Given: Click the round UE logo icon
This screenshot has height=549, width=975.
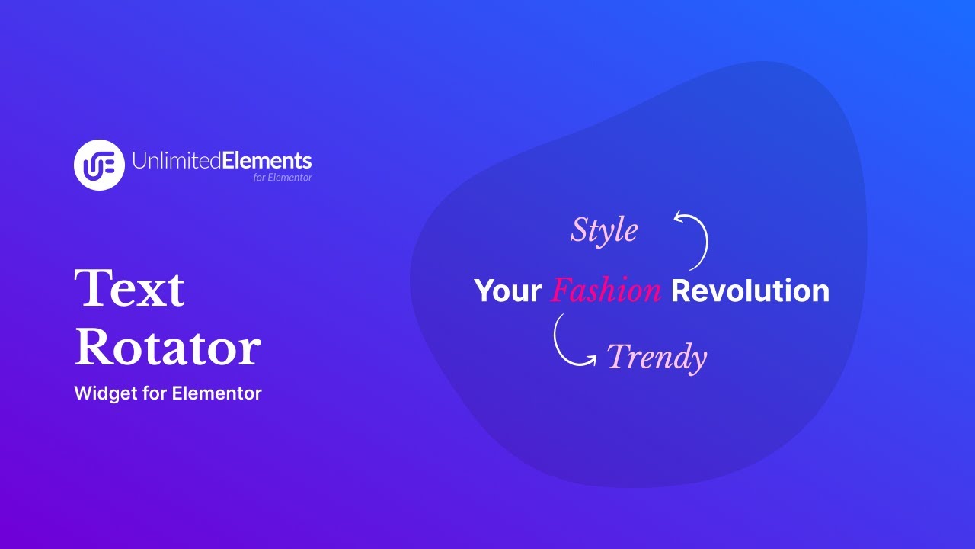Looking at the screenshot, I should (x=99, y=165).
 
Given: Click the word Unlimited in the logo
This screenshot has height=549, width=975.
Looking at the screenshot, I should (x=177, y=161).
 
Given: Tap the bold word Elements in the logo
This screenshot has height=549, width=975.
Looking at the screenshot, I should (x=267, y=161).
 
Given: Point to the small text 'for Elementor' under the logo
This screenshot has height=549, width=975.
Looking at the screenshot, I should (x=283, y=178).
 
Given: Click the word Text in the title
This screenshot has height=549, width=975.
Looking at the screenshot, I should (x=129, y=288).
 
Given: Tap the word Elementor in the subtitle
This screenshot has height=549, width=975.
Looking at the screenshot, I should (x=217, y=393).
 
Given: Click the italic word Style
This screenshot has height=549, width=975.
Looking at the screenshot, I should (x=604, y=231).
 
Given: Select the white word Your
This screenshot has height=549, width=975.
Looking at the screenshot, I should (x=507, y=291).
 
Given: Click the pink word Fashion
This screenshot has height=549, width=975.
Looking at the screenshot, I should (x=606, y=291).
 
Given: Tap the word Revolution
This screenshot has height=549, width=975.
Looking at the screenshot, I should (x=750, y=291).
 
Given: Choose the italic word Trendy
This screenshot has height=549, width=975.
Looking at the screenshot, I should (x=657, y=357).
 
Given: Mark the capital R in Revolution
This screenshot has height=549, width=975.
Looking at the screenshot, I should (x=681, y=291).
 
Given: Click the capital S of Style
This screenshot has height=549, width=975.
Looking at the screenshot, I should (x=580, y=231).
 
